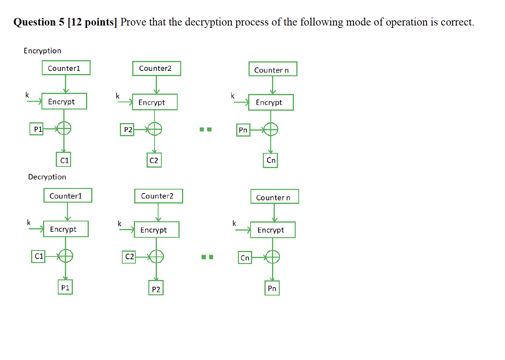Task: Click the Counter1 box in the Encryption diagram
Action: tap(66, 68)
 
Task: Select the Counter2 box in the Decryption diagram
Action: tap(159, 196)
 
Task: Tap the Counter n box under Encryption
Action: tap(273, 69)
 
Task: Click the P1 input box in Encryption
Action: tap(37, 129)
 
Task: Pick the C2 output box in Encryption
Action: tap(154, 160)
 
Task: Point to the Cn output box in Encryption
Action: tap(271, 160)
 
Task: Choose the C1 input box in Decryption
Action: tap(38, 256)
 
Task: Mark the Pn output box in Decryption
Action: tap(272, 288)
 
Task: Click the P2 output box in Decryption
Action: tap(156, 289)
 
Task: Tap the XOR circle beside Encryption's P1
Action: tap(64, 128)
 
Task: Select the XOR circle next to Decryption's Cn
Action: tap(272, 257)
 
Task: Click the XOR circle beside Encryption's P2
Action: tap(155, 129)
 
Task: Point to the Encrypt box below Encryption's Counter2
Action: tap(155, 102)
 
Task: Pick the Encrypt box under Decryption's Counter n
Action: tap(273, 230)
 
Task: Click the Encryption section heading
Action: tap(43, 51)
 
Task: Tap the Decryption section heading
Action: tap(47, 177)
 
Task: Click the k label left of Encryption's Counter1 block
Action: tap(27, 95)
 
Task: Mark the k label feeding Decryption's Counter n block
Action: tap(234, 223)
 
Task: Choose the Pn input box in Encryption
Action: tap(243, 130)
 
